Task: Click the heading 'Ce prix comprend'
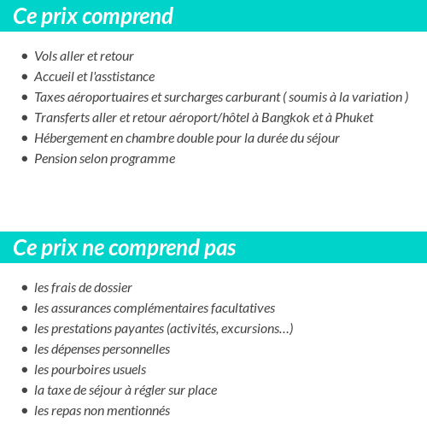[93, 16]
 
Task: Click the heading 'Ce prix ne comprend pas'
[125, 248]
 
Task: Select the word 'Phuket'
[354, 118]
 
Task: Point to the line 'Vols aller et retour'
[84, 56]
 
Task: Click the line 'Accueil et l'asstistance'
[94, 77]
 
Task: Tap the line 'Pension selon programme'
[104, 159]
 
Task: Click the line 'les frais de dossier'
[83, 288]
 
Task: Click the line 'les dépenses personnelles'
[102, 349]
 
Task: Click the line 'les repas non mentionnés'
[102, 411]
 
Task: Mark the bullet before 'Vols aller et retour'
[25, 56]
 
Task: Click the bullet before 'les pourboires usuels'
[25, 370]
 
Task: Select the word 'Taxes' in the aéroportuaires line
[50, 97]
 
